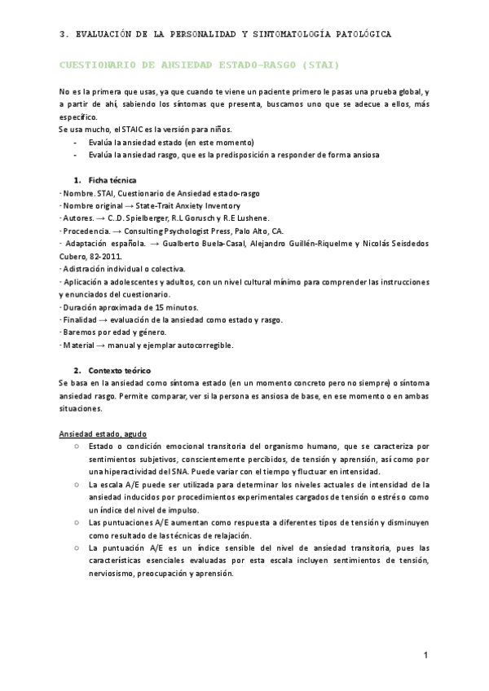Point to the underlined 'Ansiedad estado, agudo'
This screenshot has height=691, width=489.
tap(104, 434)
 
